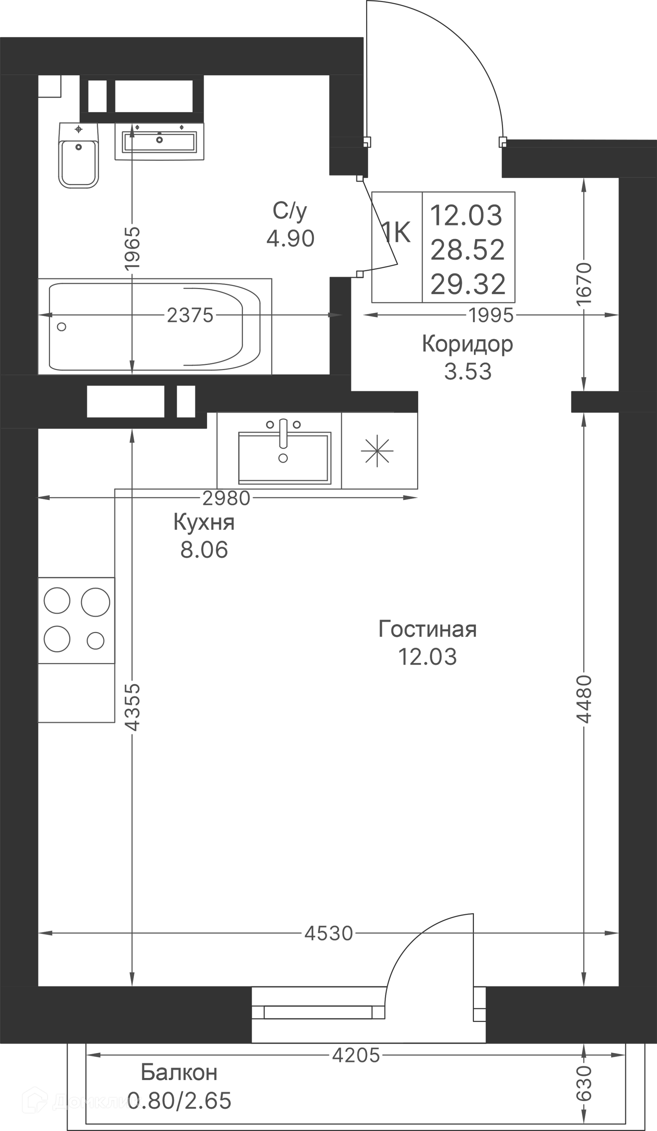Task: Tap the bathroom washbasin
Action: point(159,141)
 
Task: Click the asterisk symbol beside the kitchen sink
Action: point(377,451)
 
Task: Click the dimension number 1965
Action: point(132,248)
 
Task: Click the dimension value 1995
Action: point(491,316)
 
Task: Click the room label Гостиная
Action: point(427,629)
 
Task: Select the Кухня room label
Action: point(204,523)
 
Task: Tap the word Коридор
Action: point(467,345)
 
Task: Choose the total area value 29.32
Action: point(468,284)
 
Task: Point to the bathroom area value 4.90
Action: point(291,239)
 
